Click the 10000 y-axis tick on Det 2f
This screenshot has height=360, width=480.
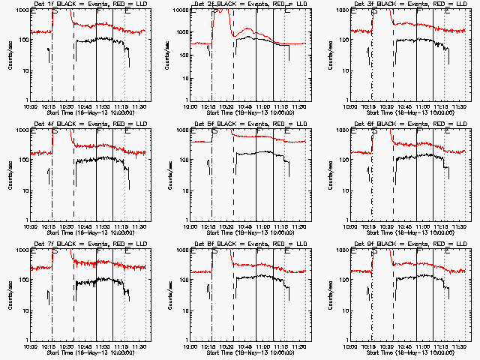point(180,10)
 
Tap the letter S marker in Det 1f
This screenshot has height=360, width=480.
point(54,13)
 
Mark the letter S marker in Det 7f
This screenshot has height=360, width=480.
point(54,253)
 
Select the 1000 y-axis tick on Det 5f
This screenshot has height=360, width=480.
point(181,130)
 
